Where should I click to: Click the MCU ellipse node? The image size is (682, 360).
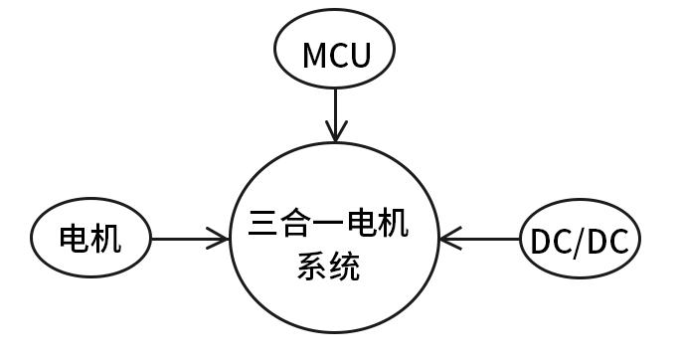(x=336, y=54)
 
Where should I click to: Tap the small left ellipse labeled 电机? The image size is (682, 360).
(x=90, y=239)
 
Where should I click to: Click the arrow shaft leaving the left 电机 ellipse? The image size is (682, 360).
(x=184, y=239)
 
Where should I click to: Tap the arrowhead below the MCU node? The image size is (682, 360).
(x=336, y=132)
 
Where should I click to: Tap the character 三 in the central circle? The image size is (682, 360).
(x=264, y=223)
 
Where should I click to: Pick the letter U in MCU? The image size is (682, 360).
(x=359, y=55)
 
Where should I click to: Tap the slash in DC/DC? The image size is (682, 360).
(x=581, y=241)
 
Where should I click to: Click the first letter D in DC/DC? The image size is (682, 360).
(x=541, y=241)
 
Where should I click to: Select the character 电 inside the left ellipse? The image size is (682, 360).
(x=76, y=239)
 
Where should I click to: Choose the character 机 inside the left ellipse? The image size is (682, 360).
(x=105, y=239)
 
